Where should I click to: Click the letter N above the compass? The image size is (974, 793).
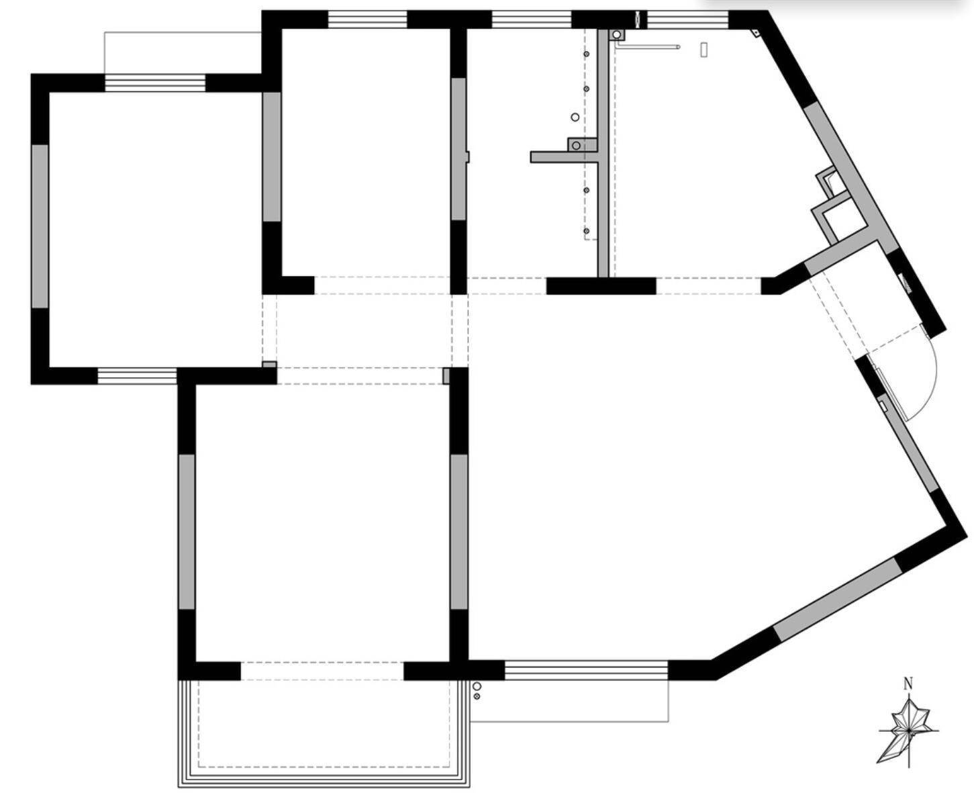click(908, 684)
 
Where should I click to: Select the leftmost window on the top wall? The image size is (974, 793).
click(367, 19)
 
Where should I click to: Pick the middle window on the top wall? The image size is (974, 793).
click(532, 19)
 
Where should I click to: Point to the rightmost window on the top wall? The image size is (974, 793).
click(687, 19)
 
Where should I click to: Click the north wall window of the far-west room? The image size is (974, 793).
click(155, 83)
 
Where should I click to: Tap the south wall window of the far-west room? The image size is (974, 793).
click(137, 376)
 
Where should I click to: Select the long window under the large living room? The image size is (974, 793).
click(586, 670)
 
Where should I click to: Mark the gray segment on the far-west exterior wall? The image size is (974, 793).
click(40, 226)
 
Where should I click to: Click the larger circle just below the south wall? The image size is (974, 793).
click(477, 686)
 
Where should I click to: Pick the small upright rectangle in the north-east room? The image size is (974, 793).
click(704, 50)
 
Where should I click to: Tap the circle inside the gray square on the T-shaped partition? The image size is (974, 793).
click(576, 146)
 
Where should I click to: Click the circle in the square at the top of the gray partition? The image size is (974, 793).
click(617, 34)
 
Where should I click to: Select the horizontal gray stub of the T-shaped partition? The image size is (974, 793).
click(565, 157)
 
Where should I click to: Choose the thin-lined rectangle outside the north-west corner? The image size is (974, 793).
click(183, 53)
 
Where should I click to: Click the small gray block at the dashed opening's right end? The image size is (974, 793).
click(446, 376)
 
